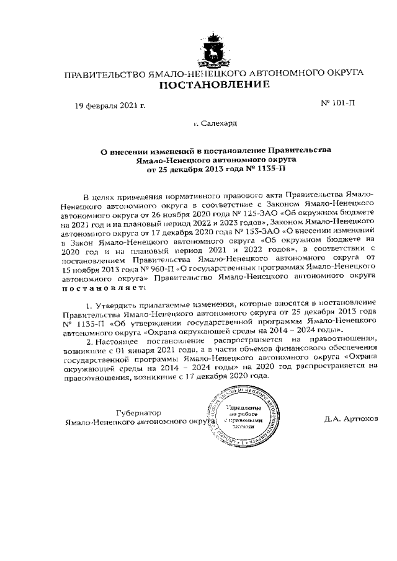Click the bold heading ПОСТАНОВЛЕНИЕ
[x=215, y=85]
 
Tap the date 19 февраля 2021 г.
[x=110, y=105]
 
